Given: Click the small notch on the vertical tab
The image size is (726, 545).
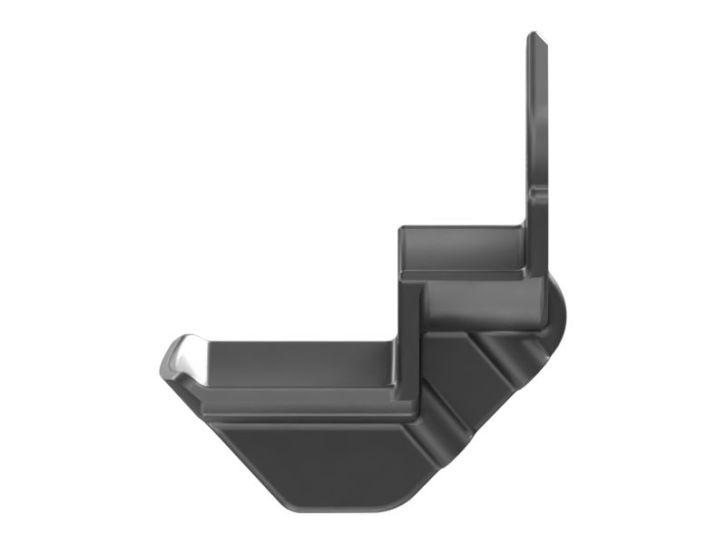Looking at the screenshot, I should click(x=539, y=193).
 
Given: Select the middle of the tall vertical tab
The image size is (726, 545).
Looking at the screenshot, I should click(x=537, y=118).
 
